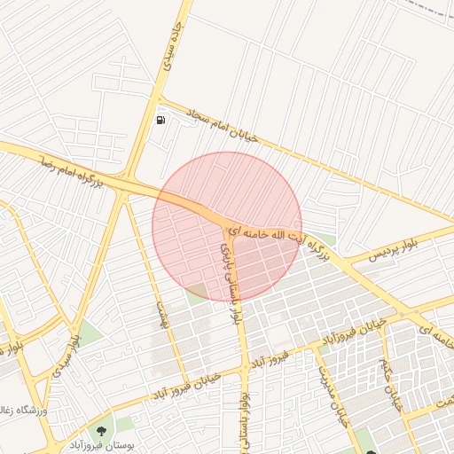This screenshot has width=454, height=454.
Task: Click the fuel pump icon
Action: click(x=160, y=119)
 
